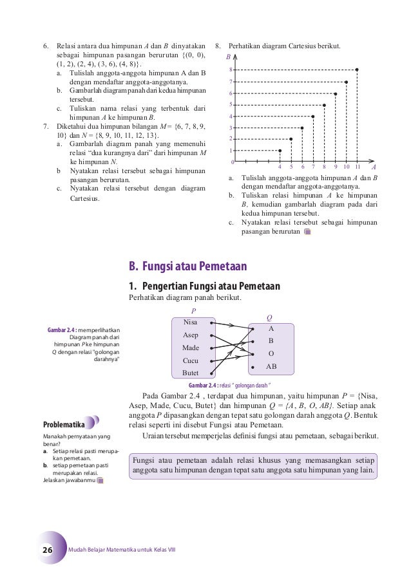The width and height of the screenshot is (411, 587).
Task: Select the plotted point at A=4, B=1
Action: (280, 151)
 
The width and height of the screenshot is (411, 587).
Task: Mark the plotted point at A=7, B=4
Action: (313, 116)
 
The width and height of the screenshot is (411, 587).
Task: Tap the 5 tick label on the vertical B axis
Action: (231, 104)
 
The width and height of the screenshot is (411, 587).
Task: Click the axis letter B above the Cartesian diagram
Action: (227, 58)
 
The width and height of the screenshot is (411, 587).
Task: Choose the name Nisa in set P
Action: (191, 322)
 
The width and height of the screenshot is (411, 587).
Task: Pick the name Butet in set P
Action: (191, 373)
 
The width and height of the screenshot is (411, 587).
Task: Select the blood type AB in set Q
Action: (271, 366)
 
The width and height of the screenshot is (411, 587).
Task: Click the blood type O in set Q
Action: (271, 353)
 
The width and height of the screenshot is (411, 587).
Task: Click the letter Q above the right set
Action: (269, 317)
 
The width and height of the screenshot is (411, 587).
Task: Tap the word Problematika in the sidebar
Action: (64, 425)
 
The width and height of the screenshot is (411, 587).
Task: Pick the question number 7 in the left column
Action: (44, 126)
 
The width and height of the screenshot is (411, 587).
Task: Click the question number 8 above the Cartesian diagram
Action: (218, 46)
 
